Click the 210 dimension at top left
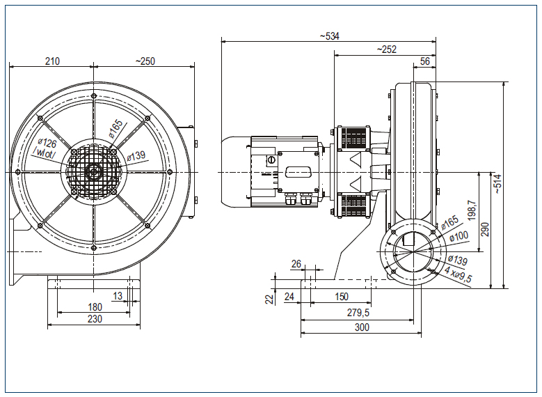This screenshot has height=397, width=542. (x=51, y=61)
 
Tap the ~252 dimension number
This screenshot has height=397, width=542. (x=385, y=49)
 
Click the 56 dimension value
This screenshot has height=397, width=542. (x=425, y=61)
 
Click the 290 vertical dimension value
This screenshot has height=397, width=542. (x=485, y=230)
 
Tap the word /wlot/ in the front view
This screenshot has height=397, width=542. (x=48, y=155)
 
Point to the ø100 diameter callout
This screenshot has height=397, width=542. (x=459, y=238)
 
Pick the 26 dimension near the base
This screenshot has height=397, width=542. (x=296, y=265)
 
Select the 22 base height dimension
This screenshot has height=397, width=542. (x=269, y=298)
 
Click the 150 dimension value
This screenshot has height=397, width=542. (x=341, y=297)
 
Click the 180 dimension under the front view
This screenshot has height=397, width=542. (x=95, y=307)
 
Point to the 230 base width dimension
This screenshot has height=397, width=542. (x=95, y=319)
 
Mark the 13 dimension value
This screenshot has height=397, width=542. (x=118, y=296)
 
